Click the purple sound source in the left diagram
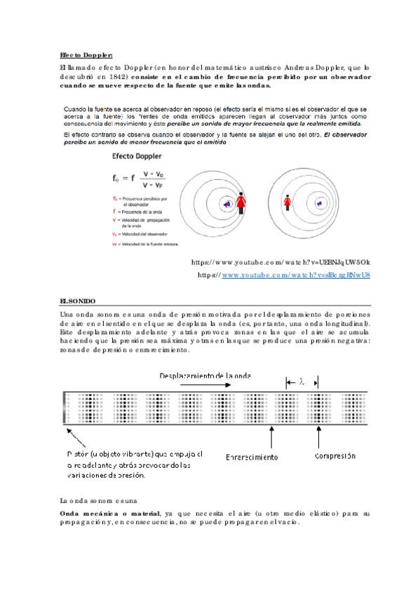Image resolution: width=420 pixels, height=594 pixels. coord(227,204)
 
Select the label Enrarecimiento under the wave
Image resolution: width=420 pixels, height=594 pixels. coord(252,457)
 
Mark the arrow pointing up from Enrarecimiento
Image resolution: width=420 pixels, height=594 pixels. coord(271,438)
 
